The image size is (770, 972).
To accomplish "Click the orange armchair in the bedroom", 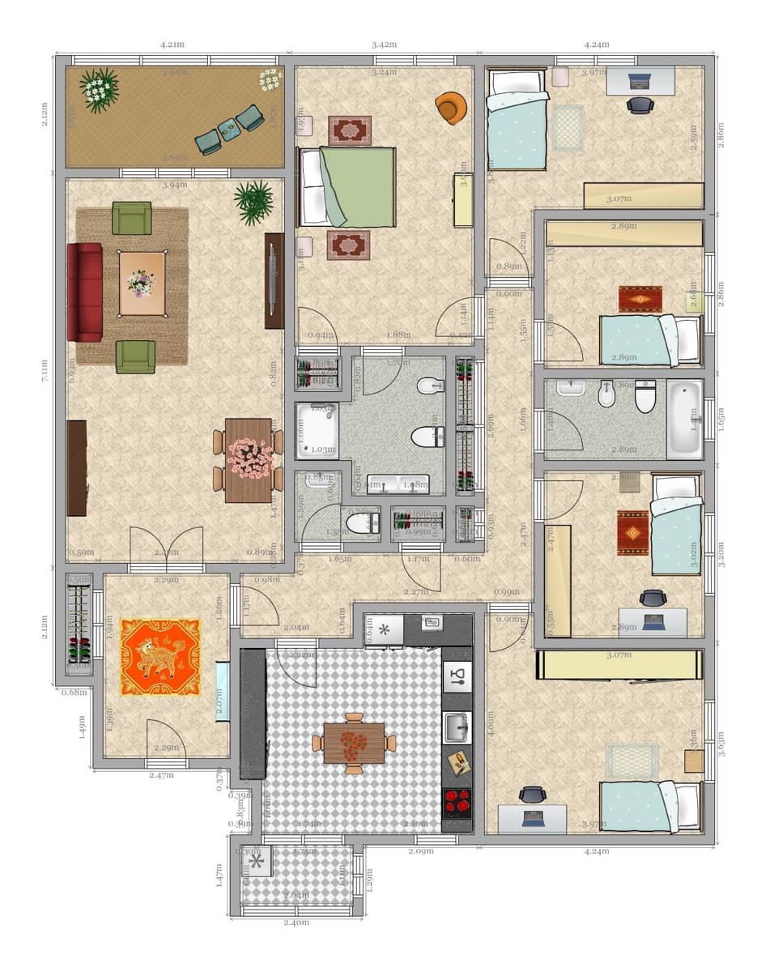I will coord(451,108).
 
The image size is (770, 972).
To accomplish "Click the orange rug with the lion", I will coord(160,657).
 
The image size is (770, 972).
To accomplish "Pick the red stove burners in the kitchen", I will coord(457,801).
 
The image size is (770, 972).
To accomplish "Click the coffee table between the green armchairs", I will coord(142,283).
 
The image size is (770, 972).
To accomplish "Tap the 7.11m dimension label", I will coord(45,371).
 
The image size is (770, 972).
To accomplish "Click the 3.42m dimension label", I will coord(384,45).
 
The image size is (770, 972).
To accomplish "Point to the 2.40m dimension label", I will coord(296,923).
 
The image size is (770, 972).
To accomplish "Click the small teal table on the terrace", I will coord(228,129).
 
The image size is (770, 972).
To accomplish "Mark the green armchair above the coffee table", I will coord(132,218).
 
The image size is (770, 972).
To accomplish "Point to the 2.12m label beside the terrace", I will coord(45,113).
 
